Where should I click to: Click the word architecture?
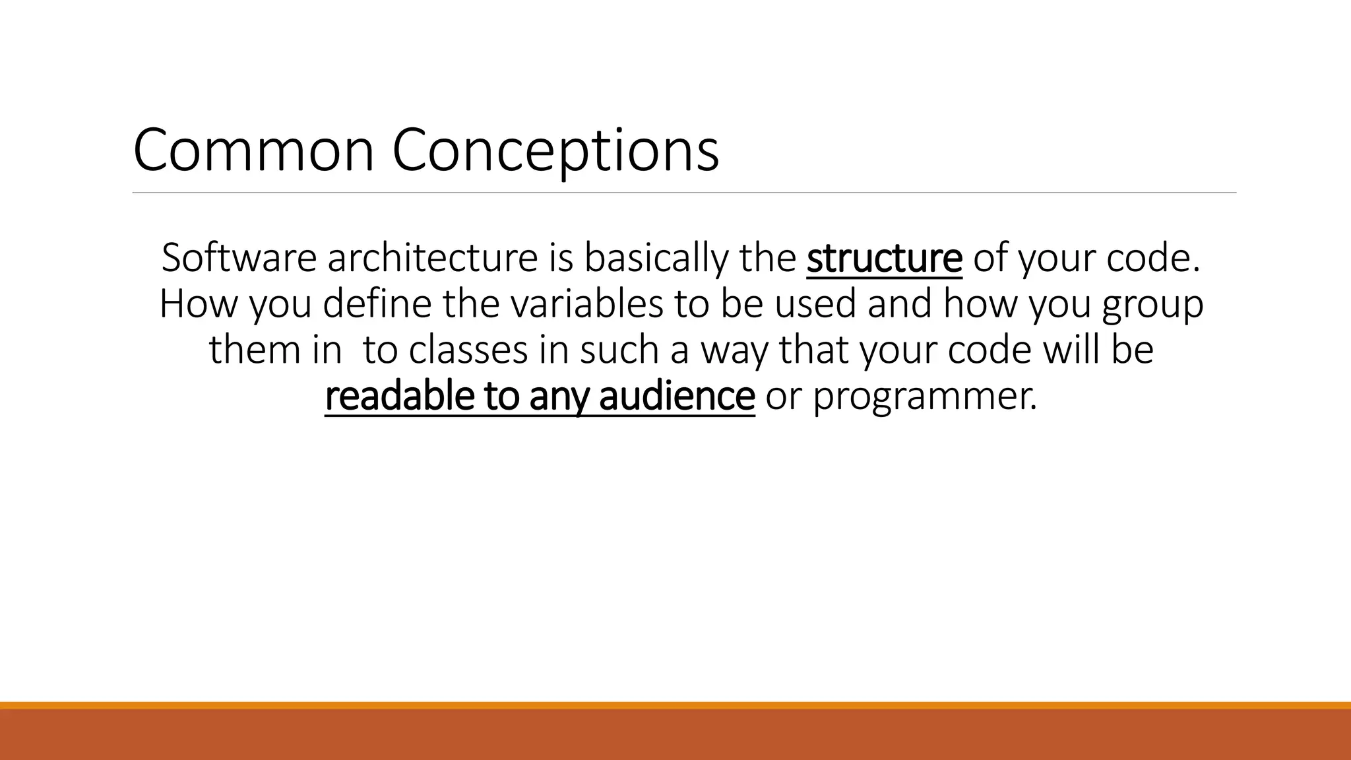pyautogui.click(x=433, y=258)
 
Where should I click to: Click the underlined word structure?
pyautogui.click(x=884, y=258)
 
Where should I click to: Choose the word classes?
pyautogui.click(x=468, y=350)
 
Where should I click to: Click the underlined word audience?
pyautogui.click(x=677, y=396)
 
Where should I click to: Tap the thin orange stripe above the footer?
pyautogui.click(x=675, y=705)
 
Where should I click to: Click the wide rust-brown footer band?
pyautogui.click(x=675, y=735)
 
